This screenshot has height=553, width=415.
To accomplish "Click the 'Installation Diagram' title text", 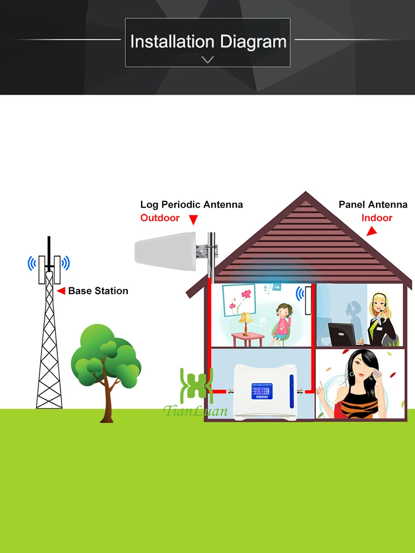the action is click(x=208, y=41).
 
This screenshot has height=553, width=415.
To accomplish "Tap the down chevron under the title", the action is click(x=208, y=59).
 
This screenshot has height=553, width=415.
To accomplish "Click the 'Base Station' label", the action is click(x=98, y=291).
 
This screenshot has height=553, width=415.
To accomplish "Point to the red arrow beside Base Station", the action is click(x=60, y=291).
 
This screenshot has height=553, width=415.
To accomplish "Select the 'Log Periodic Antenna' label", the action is click(x=191, y=204).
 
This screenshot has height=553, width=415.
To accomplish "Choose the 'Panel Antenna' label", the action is click(x=373, y=204).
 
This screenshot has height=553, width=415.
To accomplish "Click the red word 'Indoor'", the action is click(x=377, y=218).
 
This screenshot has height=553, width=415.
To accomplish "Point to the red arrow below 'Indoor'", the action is click(x=371, y=232).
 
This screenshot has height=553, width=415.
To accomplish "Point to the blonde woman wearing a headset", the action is click(x=382, y=318).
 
